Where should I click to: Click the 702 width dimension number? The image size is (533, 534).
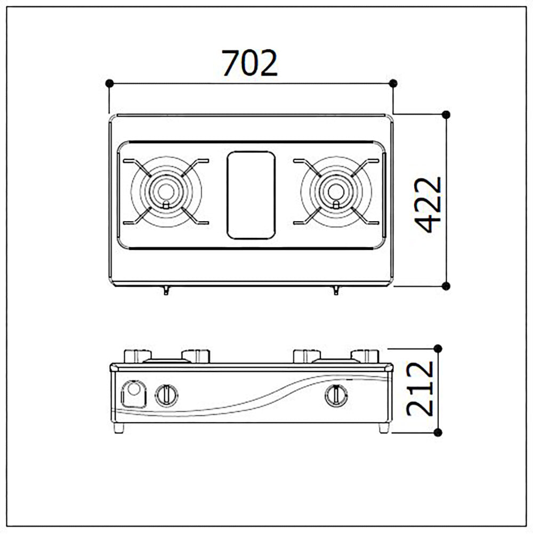pos(249,63)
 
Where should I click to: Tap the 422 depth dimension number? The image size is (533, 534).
pos(428,205)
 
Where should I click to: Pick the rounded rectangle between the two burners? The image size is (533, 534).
pos(251,195)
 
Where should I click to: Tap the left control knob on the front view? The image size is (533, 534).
pos(166,395)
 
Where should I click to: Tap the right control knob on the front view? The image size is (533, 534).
pos(336,395)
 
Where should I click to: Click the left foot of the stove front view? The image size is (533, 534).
pos(118,428)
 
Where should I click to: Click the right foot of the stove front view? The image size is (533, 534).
pos(384,428)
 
